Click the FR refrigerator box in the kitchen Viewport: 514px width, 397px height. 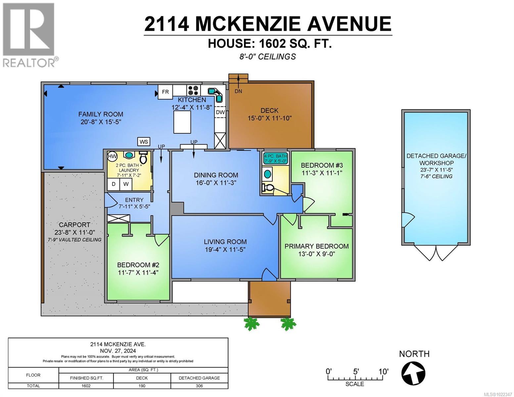click(165, 92)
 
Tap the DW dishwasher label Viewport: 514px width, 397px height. click(220, 112)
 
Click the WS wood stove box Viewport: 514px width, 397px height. click(144, 142)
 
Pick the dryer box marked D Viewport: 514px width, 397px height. click(114, 184)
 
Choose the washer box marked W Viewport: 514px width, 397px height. click(126, 184)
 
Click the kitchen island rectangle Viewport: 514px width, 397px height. click(182, 122)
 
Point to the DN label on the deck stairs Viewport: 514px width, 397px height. click(238, 91)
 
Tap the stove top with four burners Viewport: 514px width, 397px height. click(193, 90)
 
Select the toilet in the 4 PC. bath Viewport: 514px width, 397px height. click(268, 188)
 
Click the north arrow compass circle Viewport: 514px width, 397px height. click(413, 373)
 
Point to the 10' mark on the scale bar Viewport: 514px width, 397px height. click(383, 372)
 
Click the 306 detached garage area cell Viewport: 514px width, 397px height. click(199, 386)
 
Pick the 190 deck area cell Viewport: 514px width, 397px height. click(142, 386)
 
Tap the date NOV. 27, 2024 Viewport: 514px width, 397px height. click(118, 351)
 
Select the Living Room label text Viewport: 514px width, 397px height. click(225, 242)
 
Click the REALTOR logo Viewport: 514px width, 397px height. click(29, 35)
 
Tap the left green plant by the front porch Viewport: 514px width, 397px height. click(251, 324)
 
